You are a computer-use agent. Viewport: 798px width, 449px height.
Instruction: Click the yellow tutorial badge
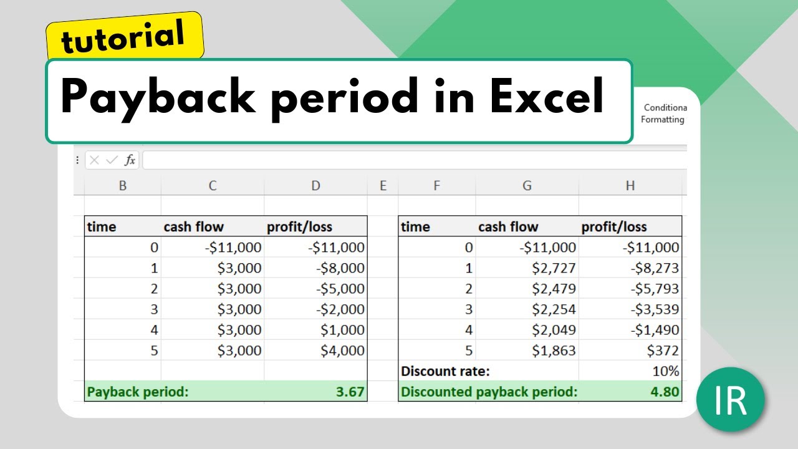coord(123,36)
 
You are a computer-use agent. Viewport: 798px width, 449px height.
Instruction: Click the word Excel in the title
coord(546,97)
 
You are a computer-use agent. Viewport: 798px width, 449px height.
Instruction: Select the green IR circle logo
coord(730,400)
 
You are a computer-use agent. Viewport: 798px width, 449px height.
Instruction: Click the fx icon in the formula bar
coord(130,160)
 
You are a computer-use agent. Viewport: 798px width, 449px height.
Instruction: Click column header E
coord(383,185)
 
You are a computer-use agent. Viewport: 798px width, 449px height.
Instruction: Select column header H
coord(630,185)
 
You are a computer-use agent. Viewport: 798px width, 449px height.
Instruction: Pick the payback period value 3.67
coord(349,392)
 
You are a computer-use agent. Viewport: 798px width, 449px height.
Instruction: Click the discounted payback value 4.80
coord(664,392)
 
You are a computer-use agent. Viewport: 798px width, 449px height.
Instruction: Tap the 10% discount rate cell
coord(665,371)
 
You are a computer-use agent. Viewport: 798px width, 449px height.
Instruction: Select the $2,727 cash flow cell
coord(554,268)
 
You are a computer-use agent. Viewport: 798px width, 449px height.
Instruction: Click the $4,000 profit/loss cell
coord(342,350)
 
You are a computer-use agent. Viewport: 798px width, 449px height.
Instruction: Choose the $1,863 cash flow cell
coord(554,350)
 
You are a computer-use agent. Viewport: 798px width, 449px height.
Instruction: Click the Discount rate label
coord(445,371)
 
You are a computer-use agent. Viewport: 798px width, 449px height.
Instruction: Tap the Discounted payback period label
coord(489,392)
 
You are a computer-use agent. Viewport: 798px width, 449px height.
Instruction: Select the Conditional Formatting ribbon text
coord(663,113)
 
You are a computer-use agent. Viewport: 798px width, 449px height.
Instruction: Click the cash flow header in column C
coord(193,227)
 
